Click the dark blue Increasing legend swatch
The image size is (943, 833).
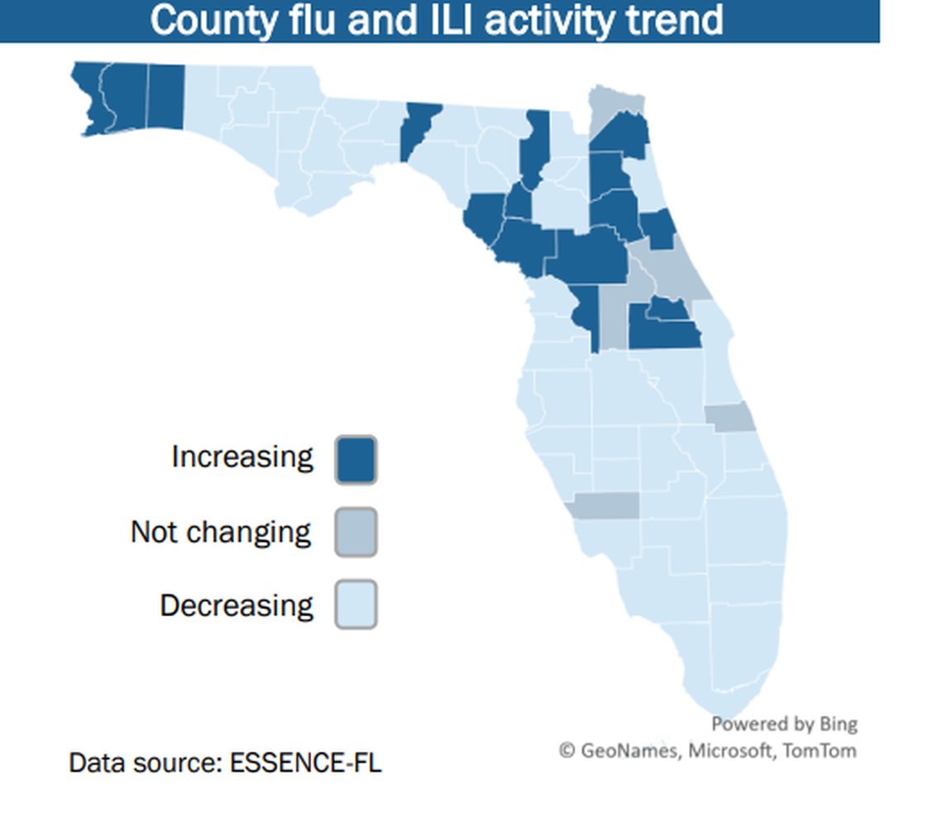pyautogui.click(x=356, y=460)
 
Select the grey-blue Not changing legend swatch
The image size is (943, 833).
pyautogui.click(x=356, y=532)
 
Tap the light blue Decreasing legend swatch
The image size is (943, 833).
pyautogui.click(x=356, y=605)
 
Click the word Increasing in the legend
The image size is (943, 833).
pyautogui.click(x=242, y=457)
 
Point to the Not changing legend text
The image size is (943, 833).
pyautogui.click(x=221, y=532)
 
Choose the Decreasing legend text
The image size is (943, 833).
pyautogui.click(x=237, y=606)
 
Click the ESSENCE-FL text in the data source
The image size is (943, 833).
pyautogui.click(x=305, y=762)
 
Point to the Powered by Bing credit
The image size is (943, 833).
pyautogui.click(x=784, y=724)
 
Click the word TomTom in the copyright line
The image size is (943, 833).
pyautogui.click(x=823, y=750)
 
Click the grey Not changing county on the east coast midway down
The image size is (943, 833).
pyautogui.click(x=730, y=419)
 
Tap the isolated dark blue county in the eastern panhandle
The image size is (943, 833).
pyautogui.click(x=418, y=128)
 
